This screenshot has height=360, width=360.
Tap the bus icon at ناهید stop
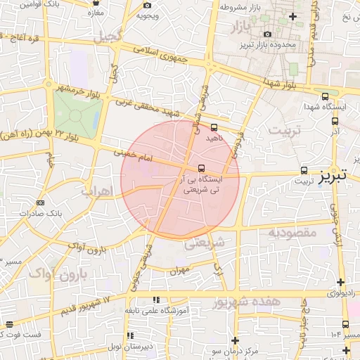(x=214, y=128)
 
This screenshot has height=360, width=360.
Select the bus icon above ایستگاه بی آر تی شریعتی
(x=202, y=168)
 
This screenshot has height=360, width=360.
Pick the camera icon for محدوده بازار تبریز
(x=266, y=34)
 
